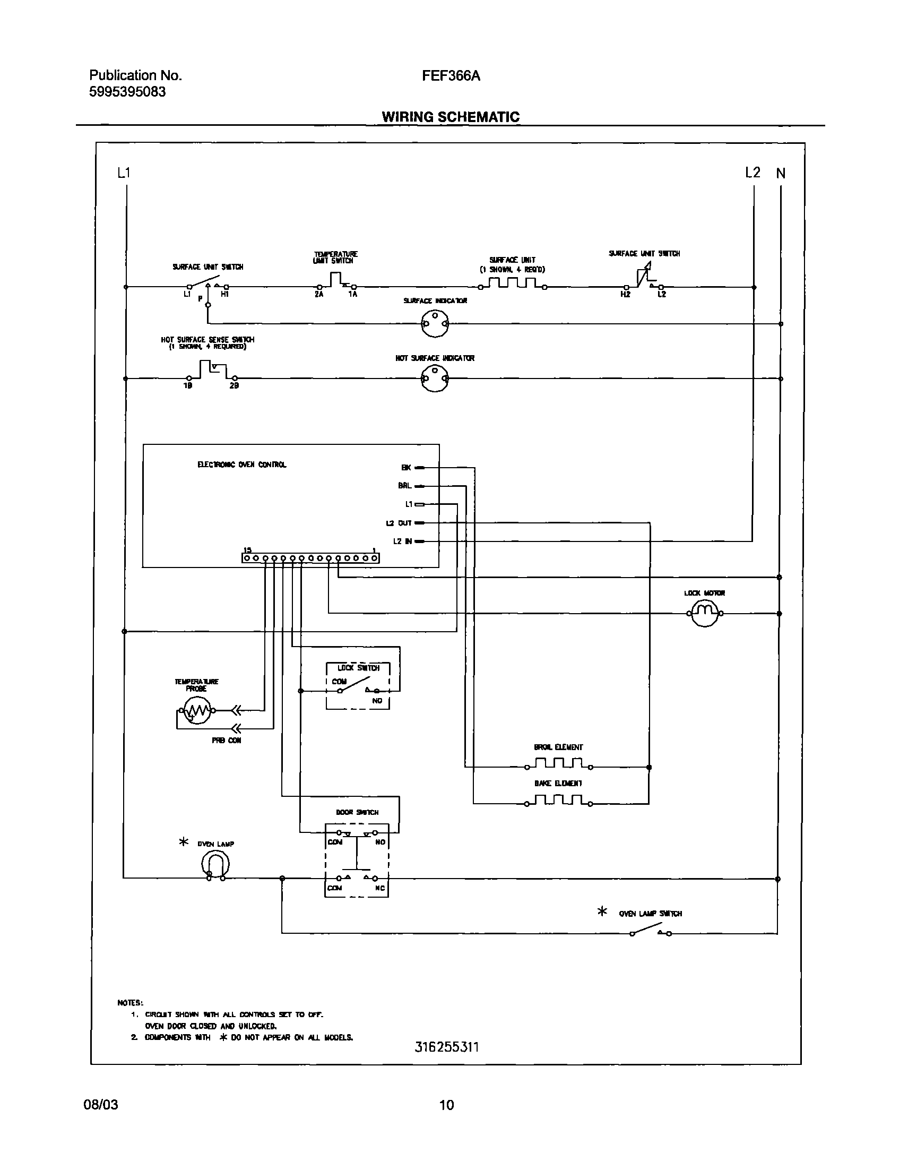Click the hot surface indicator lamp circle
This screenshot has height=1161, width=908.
pos(435,379)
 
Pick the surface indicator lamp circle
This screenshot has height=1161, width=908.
pos(435,323)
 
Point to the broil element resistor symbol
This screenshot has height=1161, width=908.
pos(558,764)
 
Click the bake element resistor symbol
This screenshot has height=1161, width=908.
pos(558,801)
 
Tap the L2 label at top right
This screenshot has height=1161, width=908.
pos(752,173)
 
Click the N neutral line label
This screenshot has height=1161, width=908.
pos(781,174)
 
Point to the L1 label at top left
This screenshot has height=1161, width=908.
pos(123,173)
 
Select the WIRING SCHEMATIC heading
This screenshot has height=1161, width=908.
pos(450,117)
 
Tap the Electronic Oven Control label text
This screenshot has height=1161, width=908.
pos(242,465)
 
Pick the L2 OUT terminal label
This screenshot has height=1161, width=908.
pos(399,523)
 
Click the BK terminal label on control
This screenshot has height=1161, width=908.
pos(406,468)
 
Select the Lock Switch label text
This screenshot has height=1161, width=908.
pos(358,668)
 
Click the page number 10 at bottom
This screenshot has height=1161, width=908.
pos(446,1105)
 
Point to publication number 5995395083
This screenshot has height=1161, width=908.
pos(127,92)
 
